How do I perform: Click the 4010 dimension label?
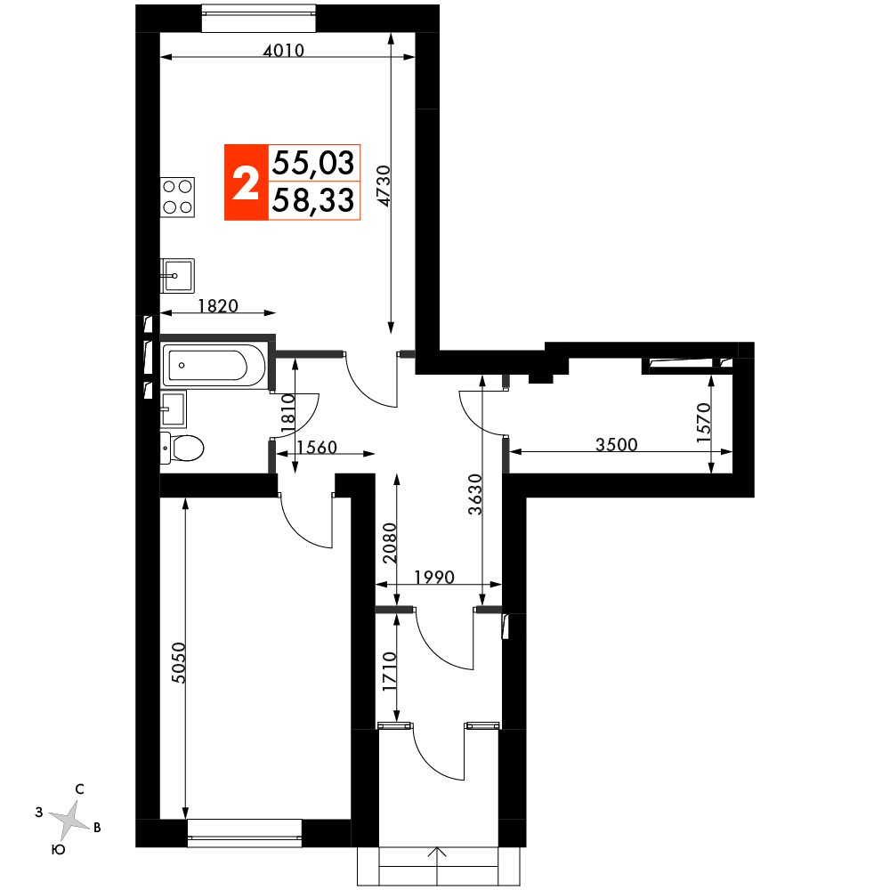[284, 51]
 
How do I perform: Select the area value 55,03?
[313, 163]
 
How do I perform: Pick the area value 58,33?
[313, 201]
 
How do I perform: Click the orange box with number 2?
[246, 182]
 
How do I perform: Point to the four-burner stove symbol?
[177, 197]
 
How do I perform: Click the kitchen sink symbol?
[178, 276]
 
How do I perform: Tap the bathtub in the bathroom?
[214, 364]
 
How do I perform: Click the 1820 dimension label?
[217, 306]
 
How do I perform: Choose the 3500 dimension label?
[616, 445]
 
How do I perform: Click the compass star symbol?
[69, 817]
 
